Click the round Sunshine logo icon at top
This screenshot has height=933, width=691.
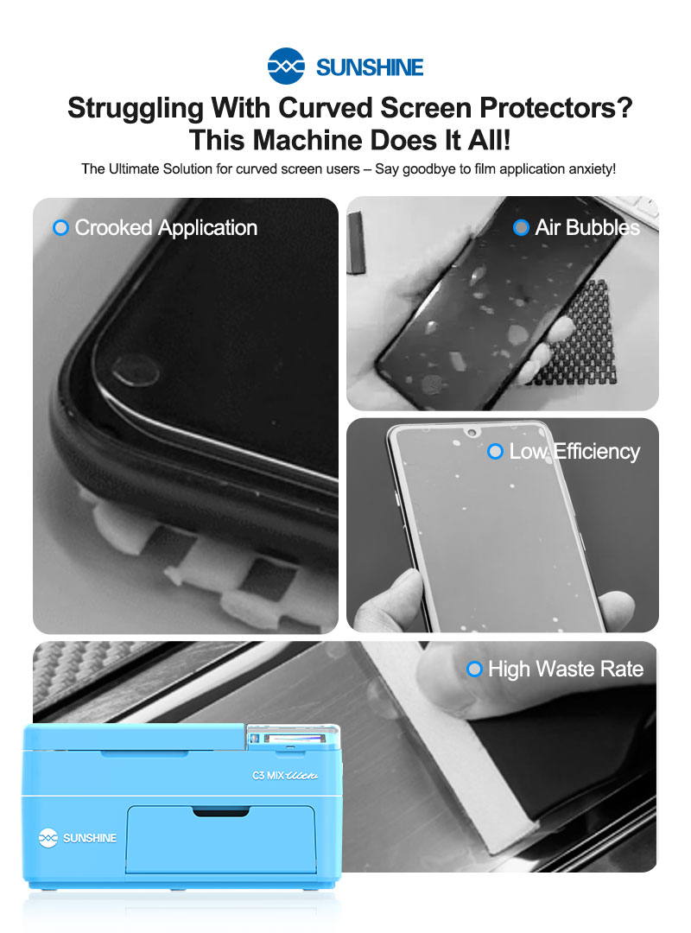(x=286, y=66)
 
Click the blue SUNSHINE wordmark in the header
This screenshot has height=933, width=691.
(x=370, y=68)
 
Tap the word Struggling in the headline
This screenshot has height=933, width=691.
(x=136, y=110)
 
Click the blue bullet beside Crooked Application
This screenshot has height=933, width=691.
(x=60, y=227)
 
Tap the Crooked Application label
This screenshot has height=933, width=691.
(x=166, y=228)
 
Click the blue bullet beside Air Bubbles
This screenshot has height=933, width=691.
(x=521, y=227)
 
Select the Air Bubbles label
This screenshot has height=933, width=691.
(x=587, y=227)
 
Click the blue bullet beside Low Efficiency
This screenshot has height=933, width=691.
(x=495, y=452)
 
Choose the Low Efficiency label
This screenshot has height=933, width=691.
(x=575, y=452)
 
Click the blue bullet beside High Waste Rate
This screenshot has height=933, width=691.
(x=474, y=670)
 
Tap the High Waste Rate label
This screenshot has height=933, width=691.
(x=566, y=670)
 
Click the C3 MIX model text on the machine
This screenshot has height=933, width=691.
(x=285, y=775)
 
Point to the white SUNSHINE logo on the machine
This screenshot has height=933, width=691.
(x=78, y=838)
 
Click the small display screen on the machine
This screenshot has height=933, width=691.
(x=292, y=739)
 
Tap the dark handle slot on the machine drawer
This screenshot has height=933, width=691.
(x=221, y=811)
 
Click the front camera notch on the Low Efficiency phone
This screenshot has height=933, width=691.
(x=472, y=431)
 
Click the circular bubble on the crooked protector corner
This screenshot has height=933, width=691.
(x=135, y=371)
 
